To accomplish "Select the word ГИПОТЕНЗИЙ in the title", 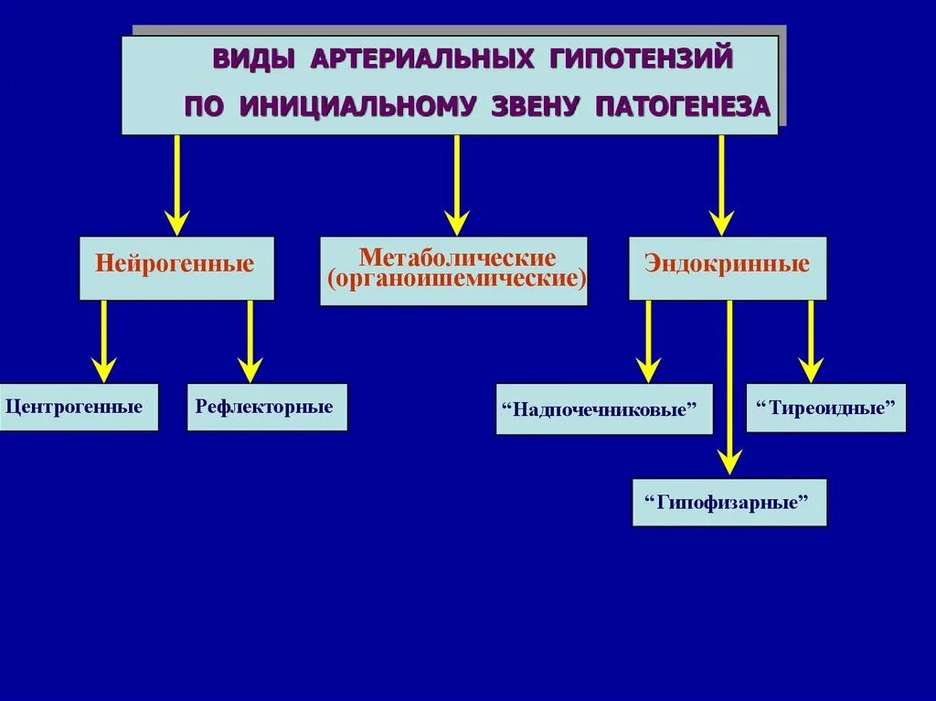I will [643, 59].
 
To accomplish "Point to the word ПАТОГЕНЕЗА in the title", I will [683, 106].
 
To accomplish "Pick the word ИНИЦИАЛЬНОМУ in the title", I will [356, 106].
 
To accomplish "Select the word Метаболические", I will [457, 257].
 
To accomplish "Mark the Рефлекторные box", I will [267, 407].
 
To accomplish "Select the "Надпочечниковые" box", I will [604, 409].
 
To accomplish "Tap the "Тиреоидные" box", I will [826, 408].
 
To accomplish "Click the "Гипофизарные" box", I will [729, 502].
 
